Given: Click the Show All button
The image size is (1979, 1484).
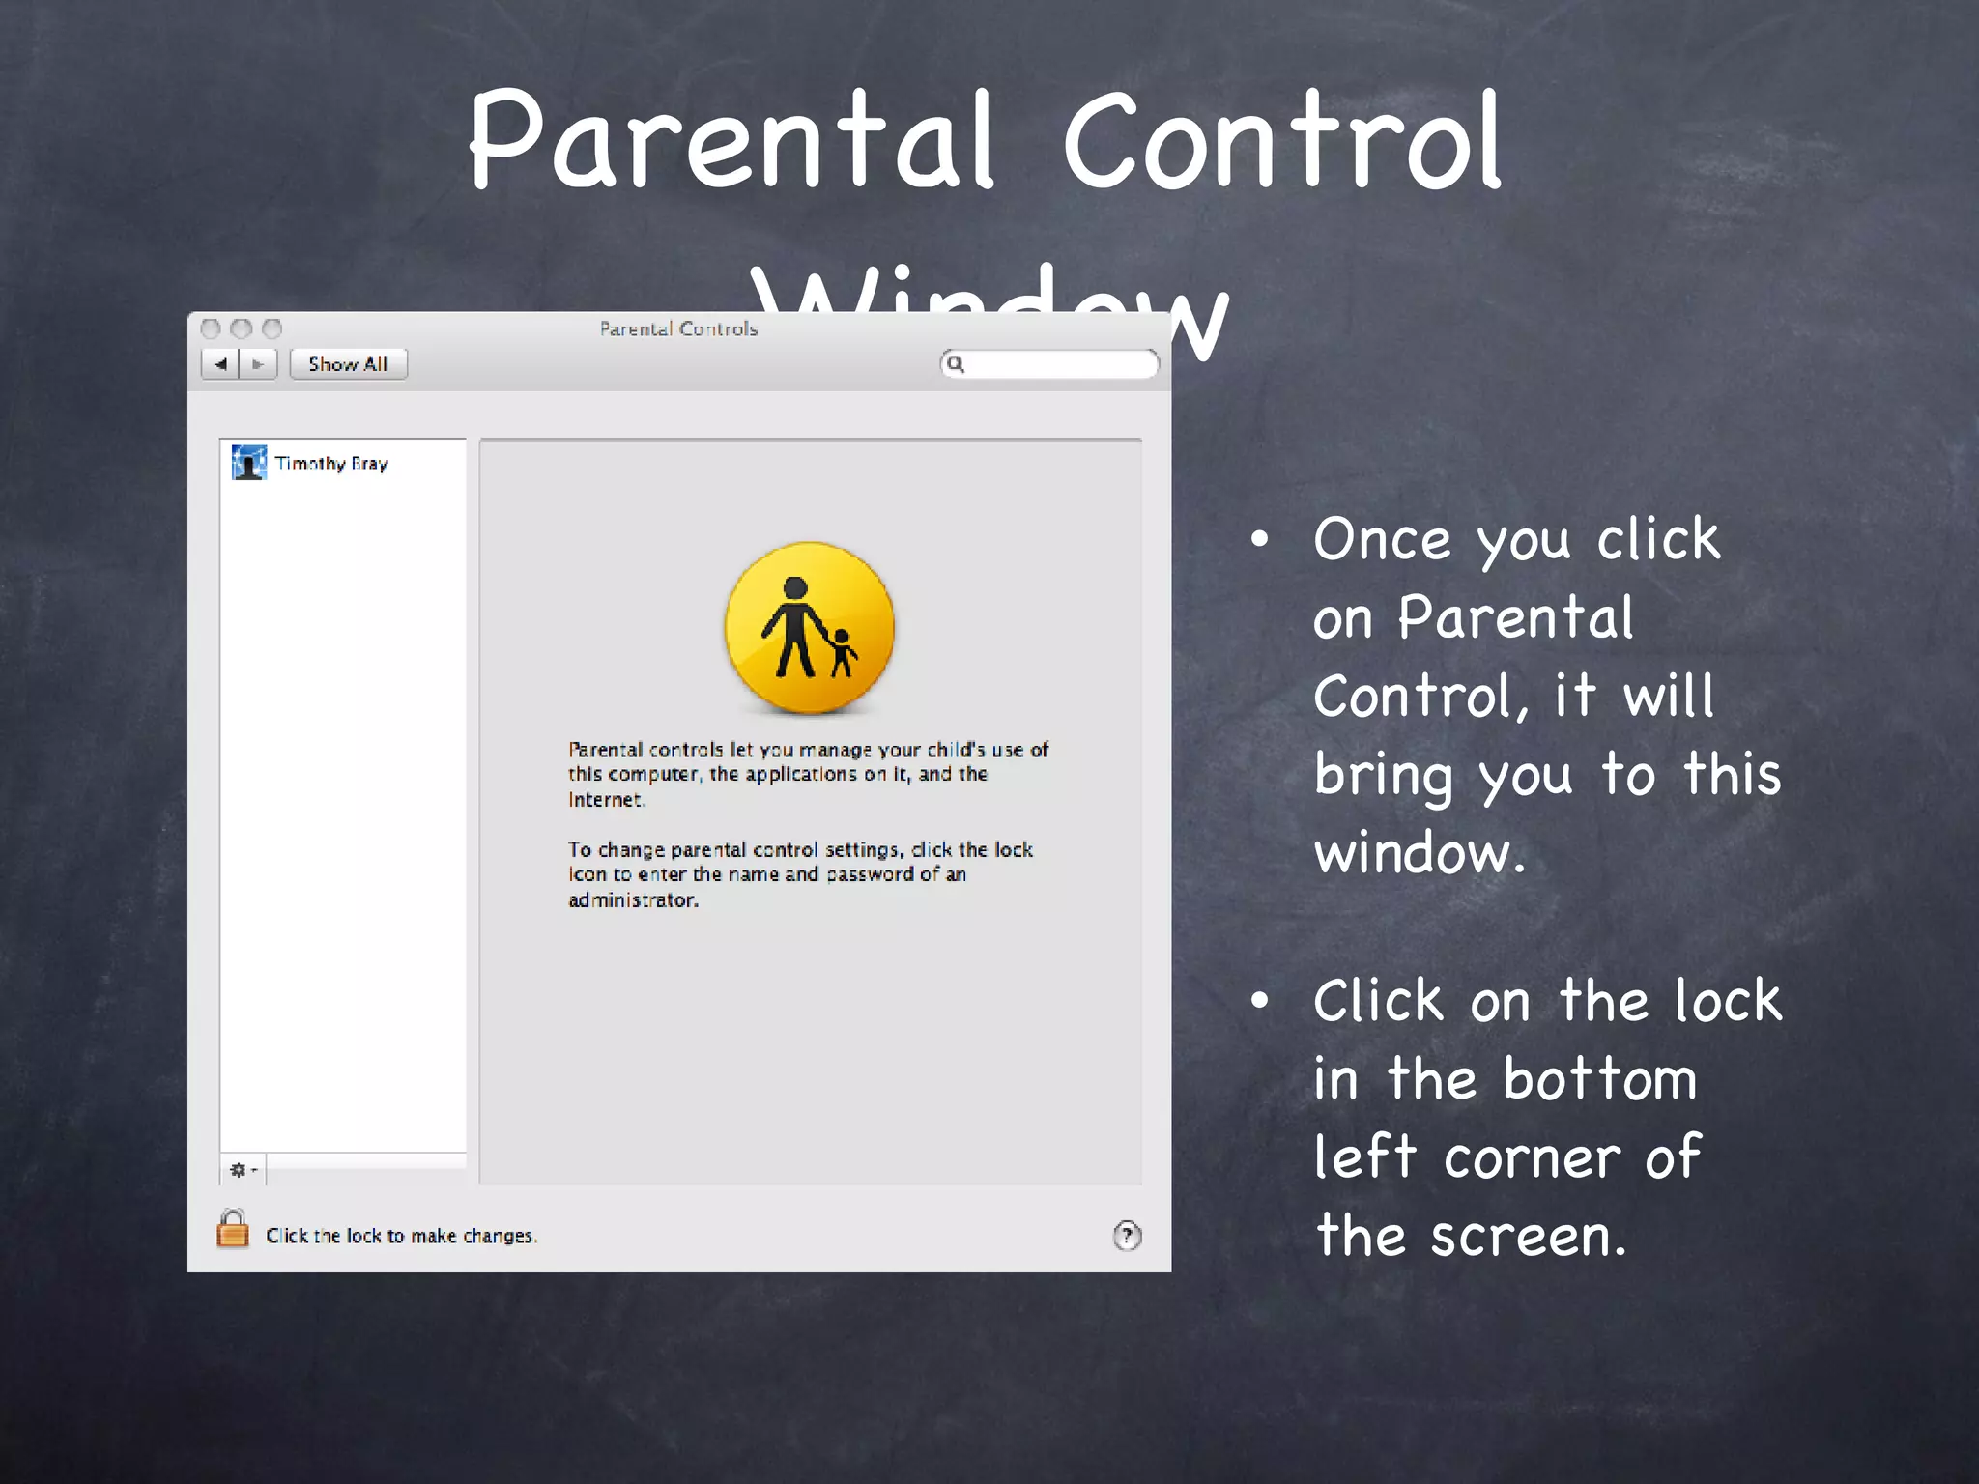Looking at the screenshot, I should [x=348, y=364].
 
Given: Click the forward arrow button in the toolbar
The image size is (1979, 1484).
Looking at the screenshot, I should [x=258, y=364].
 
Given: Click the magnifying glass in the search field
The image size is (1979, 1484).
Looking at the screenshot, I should [x=956, y=364].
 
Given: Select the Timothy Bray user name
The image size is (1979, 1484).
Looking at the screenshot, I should [x=331, y=464].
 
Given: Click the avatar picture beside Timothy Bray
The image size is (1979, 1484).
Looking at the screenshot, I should [x=249, y=463].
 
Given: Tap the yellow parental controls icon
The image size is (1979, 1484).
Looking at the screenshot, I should [x=810, y=628].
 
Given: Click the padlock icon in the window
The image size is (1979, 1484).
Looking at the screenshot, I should [x=233, y=1230].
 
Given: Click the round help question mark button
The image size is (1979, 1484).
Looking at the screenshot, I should [x=1127, y=1236].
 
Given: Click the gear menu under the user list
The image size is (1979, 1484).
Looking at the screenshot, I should [x=242, y=1170].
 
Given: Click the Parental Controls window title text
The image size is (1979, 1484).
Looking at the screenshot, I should [x=678, y=329].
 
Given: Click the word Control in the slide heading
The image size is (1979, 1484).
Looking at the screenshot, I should [x=1281, y=140].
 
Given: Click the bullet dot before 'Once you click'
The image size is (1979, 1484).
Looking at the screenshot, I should [x=1259, y=540].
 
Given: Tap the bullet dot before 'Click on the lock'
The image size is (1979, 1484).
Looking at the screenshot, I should [x=1259, y=1002].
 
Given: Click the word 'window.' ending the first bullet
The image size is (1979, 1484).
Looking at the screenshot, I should [x=1419, y=853].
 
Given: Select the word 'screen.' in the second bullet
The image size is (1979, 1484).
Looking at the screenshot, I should [x=1528, y=1236].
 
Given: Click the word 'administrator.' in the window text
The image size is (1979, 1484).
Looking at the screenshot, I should [x=633, y=900].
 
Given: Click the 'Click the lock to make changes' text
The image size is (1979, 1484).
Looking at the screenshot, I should [x=401, y=1236].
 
